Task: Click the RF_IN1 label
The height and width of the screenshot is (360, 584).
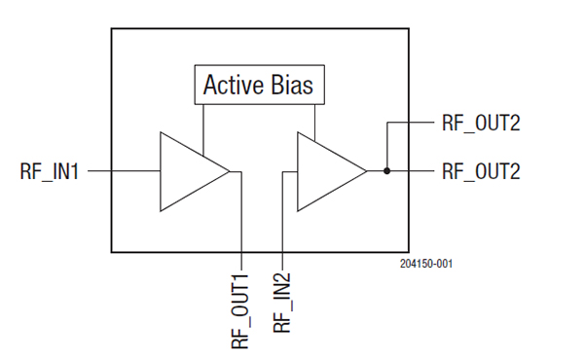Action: click(50, 171)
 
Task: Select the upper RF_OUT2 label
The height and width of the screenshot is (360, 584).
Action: click(481, 123)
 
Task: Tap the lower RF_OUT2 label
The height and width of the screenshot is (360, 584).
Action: click(481, 171)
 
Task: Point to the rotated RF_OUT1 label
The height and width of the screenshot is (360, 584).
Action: click(240, 311)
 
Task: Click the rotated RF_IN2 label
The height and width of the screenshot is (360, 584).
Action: click(281, 303)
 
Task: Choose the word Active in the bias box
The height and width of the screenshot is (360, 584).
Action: click(234, 85)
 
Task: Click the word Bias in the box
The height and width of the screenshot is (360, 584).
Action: click(292, 85)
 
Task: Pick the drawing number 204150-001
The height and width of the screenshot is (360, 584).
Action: click(426, 264)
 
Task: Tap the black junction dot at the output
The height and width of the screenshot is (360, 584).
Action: click(387, 171)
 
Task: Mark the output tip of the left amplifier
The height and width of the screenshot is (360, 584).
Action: click(230, 171)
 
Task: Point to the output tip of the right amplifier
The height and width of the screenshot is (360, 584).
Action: click(367, 171)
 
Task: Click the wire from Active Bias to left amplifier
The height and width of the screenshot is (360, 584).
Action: click(203, 129)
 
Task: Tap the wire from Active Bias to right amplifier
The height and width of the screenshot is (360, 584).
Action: click(315, 123)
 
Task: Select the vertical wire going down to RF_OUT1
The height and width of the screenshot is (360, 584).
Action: click(241, 221)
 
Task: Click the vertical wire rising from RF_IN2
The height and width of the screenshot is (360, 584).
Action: click(282, 221)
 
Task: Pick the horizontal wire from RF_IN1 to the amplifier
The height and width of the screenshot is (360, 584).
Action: click(124, 171)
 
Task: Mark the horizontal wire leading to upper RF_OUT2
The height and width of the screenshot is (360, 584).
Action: click(411, 123)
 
